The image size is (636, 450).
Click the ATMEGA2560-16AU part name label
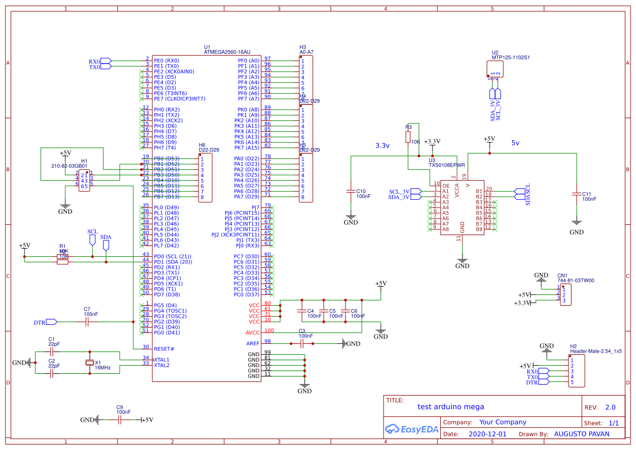227,52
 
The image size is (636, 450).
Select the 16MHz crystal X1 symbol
90,363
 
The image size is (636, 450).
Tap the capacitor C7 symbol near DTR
87,322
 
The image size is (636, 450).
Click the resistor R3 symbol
408,137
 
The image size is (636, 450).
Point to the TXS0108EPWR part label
447,164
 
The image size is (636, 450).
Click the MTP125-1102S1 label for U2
510,57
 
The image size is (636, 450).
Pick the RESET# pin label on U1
164,348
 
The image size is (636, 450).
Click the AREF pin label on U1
253,343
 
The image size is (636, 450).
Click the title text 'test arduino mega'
450,406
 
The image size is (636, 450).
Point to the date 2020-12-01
487,434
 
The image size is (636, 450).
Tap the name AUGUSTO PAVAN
581,434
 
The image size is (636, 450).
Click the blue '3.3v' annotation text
382,146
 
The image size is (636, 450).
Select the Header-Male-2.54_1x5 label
596,352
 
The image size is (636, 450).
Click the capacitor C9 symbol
120,420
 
